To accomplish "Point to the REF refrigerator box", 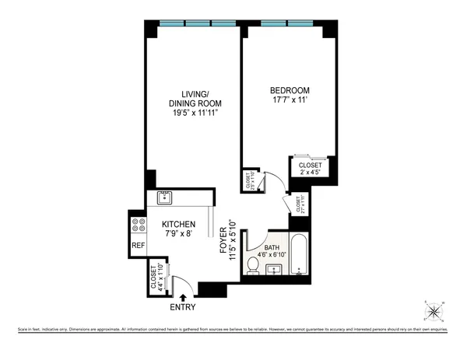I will coord(138,246).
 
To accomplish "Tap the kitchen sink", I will coord(165,197).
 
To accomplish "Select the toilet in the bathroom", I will coord(252,266).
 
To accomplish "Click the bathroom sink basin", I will coord(274,269).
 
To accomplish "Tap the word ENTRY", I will coord(184,307).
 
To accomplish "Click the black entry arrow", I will coord(184,296).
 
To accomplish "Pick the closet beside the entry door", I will coord(156,278).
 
